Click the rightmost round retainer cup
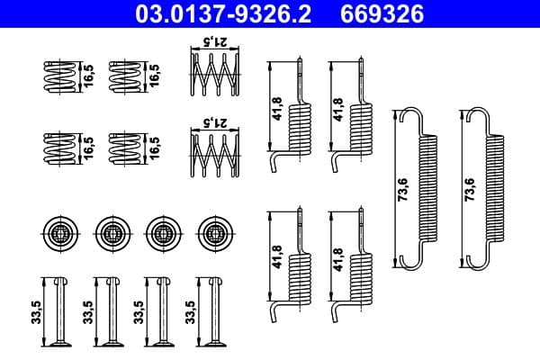coord(215,232)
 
